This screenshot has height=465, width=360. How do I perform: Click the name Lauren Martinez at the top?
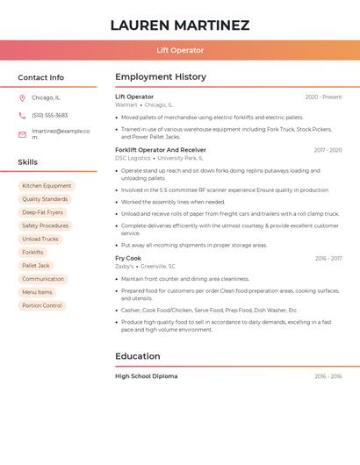(x=180, y=25)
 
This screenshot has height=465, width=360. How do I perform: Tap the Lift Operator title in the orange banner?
(x=180, y=50)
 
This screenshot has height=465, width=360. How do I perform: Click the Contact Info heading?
(x=40, y=77)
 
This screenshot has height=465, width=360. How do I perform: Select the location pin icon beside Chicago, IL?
(x=22, y=97)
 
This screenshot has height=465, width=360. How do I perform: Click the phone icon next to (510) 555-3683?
(x=22, y=115)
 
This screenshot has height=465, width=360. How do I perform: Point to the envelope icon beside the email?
(x=22, y=134)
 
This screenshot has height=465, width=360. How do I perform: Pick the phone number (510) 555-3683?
(x=49, y=115)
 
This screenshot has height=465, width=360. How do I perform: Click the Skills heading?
(x=27, y=162)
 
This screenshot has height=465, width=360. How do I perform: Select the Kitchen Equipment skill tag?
(x=47, y=186)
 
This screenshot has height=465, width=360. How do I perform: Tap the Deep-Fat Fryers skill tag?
(x=42, y=212)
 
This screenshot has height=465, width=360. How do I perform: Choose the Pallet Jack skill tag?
(x=36, y=265)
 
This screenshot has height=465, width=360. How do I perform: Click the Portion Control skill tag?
(x=42, y=305)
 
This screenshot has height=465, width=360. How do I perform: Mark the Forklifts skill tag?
(x=32, y=252)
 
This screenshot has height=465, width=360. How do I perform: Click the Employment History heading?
(x=161, y=77)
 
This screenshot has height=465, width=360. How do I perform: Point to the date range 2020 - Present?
(x=323, y=97)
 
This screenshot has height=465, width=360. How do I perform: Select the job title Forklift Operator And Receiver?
(x=161, y=150)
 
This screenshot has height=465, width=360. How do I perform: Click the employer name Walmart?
(x=126, y=104)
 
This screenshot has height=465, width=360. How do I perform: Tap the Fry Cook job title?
(x=128, y=258)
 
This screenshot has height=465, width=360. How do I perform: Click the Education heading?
(x=138, y=356)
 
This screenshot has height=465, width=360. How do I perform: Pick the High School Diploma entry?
(x=146, y=376)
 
